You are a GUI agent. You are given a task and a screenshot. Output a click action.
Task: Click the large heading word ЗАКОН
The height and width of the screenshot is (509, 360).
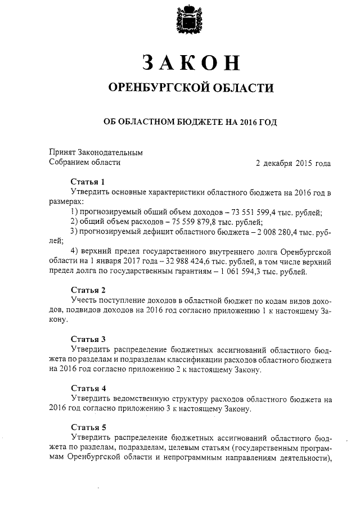click(x=188, y=62)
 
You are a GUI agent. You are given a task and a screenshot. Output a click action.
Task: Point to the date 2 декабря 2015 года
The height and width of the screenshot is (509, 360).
click(x=293, y=163)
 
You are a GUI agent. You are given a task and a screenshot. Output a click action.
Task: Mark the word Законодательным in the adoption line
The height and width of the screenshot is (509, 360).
click(x=111, y=152)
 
